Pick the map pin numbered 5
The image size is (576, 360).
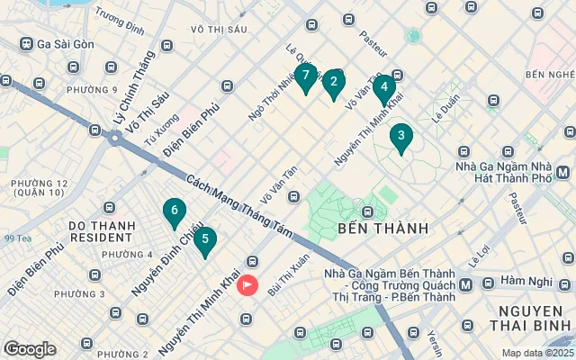coord(205,240)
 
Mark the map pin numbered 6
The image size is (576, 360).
coord(174,211)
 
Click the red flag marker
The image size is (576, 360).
coord(247,285)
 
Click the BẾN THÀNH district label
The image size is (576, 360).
coord(382,229)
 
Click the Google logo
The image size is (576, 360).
coord(30,349)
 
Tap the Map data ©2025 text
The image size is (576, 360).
coord(536,353)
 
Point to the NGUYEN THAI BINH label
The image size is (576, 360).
coord(526,319)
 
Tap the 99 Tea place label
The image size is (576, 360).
coord(18,238)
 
